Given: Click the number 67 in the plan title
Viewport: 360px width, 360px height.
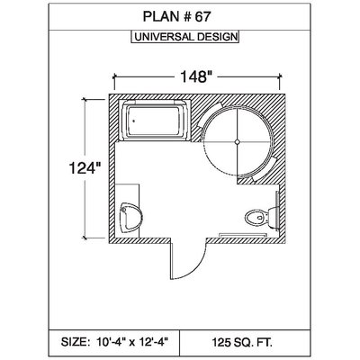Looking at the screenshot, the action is pos(202,16).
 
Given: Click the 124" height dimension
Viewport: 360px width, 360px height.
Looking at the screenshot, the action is pos(85,167).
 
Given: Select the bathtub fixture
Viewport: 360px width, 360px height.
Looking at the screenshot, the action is pos(155,121).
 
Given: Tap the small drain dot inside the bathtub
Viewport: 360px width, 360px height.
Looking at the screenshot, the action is pos(134,121).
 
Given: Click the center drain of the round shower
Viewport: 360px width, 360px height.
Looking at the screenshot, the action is pos(238,142).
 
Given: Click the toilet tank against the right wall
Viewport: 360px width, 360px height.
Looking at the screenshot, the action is pos(274,217).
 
